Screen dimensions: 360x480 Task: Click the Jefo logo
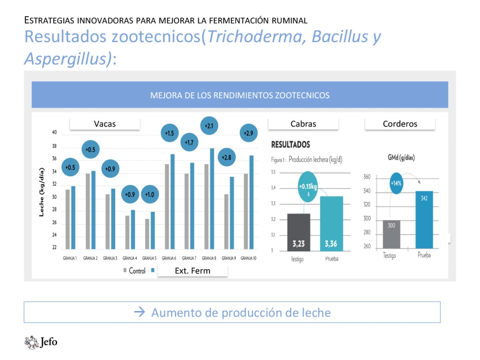(41, 341)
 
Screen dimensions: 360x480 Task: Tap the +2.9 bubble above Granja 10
(249, 133)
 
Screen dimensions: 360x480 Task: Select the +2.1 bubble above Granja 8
(209, 126)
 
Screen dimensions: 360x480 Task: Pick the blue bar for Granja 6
(172, 201)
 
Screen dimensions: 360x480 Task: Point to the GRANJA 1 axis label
(70, 258)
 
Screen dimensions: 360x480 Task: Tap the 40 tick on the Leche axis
(54, 133)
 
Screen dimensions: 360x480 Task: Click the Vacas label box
(105, 124)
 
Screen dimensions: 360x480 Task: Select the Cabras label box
(303, 124)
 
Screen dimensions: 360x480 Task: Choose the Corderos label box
(400, 124)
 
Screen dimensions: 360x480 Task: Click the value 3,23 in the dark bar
(298, 243)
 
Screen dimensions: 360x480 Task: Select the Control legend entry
(134, 271)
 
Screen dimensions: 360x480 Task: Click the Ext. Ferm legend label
(192, 270)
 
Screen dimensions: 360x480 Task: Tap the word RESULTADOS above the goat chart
(290, 145)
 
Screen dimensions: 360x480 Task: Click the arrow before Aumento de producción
(140, 312)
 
